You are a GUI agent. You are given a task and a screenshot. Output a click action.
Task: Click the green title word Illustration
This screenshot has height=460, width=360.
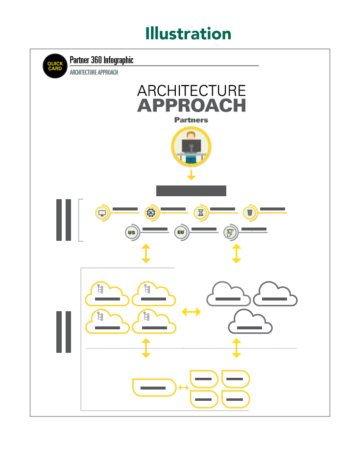coord(188,34)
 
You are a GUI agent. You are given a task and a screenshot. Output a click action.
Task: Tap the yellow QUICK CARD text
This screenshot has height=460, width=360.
coord(55,66)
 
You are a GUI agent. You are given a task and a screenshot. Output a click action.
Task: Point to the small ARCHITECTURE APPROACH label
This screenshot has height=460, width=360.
coord(94,72)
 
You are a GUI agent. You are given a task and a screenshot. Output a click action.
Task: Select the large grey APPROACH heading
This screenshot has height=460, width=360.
coord(191,106)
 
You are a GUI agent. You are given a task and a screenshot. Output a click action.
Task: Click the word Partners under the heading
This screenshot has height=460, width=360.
coord(191,120)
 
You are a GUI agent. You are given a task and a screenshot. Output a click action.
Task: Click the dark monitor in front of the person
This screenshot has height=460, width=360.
coord(191,146)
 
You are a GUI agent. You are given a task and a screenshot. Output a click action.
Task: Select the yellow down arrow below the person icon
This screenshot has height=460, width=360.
coord(191,175)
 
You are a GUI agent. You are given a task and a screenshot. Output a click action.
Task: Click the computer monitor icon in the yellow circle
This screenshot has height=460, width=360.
coord(102,213)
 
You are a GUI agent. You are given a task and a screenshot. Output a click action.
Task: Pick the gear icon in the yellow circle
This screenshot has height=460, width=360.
coord(151,213)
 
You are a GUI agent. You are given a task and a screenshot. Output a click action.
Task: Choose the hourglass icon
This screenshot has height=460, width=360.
coord(200,213)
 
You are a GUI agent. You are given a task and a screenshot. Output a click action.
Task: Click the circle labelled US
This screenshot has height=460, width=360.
coord(131,232)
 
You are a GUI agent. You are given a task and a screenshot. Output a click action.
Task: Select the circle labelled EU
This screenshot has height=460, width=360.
coord(181,232)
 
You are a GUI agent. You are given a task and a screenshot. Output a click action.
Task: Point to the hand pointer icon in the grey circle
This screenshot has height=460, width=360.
coord(229,232)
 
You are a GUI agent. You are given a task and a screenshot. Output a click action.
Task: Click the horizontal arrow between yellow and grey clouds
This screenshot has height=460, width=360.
coord(191,312)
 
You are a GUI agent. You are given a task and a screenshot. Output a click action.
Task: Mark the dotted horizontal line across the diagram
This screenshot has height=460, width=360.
coord(191,348)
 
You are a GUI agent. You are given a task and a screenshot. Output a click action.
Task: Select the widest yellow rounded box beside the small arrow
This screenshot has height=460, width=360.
coord(154,388)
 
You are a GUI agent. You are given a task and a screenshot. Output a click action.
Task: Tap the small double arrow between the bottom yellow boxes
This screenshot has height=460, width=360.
coord(184,388)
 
